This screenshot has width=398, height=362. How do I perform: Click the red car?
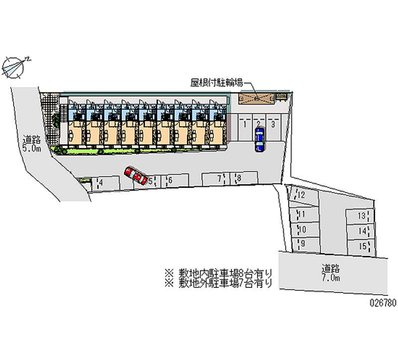pos(136,175)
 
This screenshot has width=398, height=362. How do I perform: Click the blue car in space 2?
pos(259,140)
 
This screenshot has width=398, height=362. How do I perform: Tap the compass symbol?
pos(15,67)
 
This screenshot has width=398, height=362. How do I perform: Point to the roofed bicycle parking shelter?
pos(257,98)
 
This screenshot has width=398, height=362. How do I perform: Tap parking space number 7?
pos(215,178)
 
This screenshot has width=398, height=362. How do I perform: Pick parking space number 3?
pos(273,129)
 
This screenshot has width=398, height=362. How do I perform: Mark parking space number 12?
pos(303,195)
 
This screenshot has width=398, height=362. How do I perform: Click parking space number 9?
pos(303,243)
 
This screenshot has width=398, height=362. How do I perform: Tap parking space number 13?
pos(361,216)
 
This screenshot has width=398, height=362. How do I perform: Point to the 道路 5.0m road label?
pos(31,144)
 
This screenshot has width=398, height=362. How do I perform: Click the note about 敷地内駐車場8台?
pos(218,273)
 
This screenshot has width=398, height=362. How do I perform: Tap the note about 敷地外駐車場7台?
pos(218,283)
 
